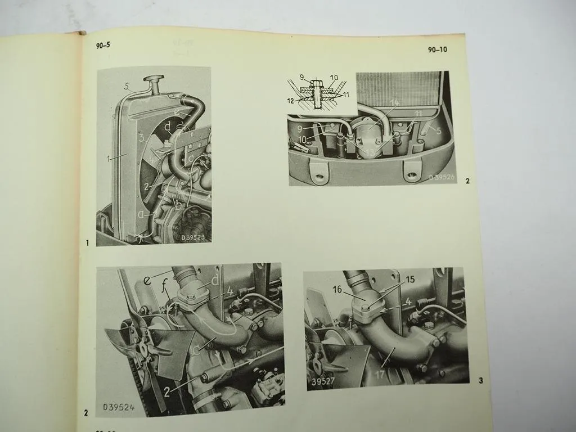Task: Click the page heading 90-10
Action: [437, 49]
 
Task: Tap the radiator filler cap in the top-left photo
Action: [153, 78]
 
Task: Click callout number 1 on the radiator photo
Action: [107, 159]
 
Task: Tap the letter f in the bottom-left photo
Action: [165, 290]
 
